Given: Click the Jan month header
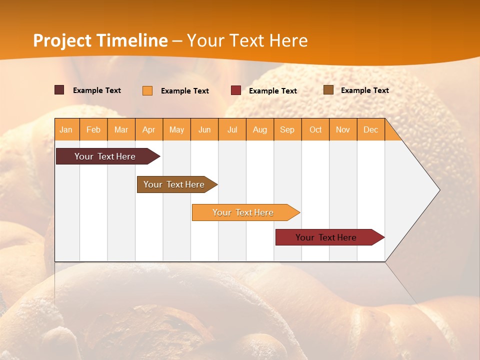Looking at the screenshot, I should pyautogui.click(x=66, y=129).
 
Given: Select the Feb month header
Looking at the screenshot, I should pyautogui.click(x=93, y=129).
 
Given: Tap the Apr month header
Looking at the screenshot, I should pyautogui.click(x=149, y=129).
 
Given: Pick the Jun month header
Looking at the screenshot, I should pyautogui.click(x=204, y=129).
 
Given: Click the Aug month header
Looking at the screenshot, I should pyautogui.click(x=260, y=129).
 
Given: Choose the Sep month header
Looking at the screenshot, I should pyautogui.click(x=287, y=129).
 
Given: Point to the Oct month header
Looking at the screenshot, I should pyautogui.click(x=315, y=129).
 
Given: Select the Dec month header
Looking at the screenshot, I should pyautogui.click(x=371, y=129).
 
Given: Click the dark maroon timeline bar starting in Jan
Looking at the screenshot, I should pyautogui.click(x=105, y=156).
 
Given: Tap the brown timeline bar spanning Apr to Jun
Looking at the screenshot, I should pyautogui.click(x=174, y=184).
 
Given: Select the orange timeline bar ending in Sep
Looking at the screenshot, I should pyautogui.click(x=243, y=212).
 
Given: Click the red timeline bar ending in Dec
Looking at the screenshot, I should pyautogui.click(x=326, y=237).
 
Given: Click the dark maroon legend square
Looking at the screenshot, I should pyautogui.click(x=59, y=90).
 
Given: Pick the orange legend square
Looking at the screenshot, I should pyautogui.click(x=147, y=90).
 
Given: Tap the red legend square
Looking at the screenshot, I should pyautogui.click(x=236, y=90).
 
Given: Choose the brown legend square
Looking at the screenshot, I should pyautogui.click(x=328, y=90).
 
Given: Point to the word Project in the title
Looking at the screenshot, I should pyautogui.click(x=62, y=40).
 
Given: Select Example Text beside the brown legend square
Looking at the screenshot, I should pyautogui.click(x=364, y=90).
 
